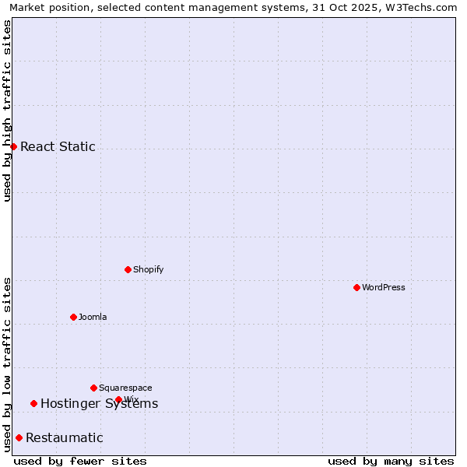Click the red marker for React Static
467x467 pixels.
tap(13, 146)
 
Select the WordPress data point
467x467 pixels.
tap(356, 287)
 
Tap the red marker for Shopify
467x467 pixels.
tap(128, 269)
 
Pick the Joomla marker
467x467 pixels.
tap(73, 317)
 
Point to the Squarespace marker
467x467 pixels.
tap(93, 388)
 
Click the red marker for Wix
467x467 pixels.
tap(118, 399)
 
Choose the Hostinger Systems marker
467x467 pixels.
tap(33, 403)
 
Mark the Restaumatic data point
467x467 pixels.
tap(19, 437)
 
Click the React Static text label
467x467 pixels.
tap(58, 146)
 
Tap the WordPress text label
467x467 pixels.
tap(384, 287)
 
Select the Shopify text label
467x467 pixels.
tap(148, 269)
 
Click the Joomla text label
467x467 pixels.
tap(93, 317)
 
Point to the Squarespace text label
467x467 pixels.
tap(125, 388)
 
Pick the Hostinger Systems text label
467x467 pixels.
tap(99, 403)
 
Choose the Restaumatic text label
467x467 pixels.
tap(64, 437)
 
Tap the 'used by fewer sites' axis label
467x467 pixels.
tap(80, 461)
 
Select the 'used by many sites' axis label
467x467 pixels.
tap(391, 461)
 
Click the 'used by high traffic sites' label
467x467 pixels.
tap(7, 110)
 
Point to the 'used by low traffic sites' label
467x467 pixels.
tap(7, 364)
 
